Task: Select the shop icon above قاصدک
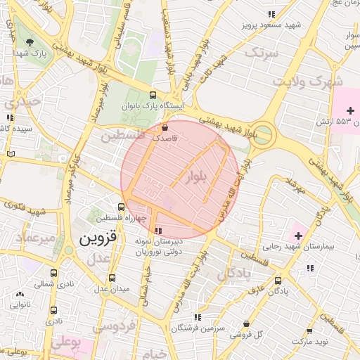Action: click(x=165, y=128)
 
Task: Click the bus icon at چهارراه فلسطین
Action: click(x=121, y=207)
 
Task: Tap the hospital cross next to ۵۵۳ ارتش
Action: click(x=350, y=110)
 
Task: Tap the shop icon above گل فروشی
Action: click(x=245, y=323)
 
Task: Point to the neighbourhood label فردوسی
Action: click(x=117, y=327)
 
